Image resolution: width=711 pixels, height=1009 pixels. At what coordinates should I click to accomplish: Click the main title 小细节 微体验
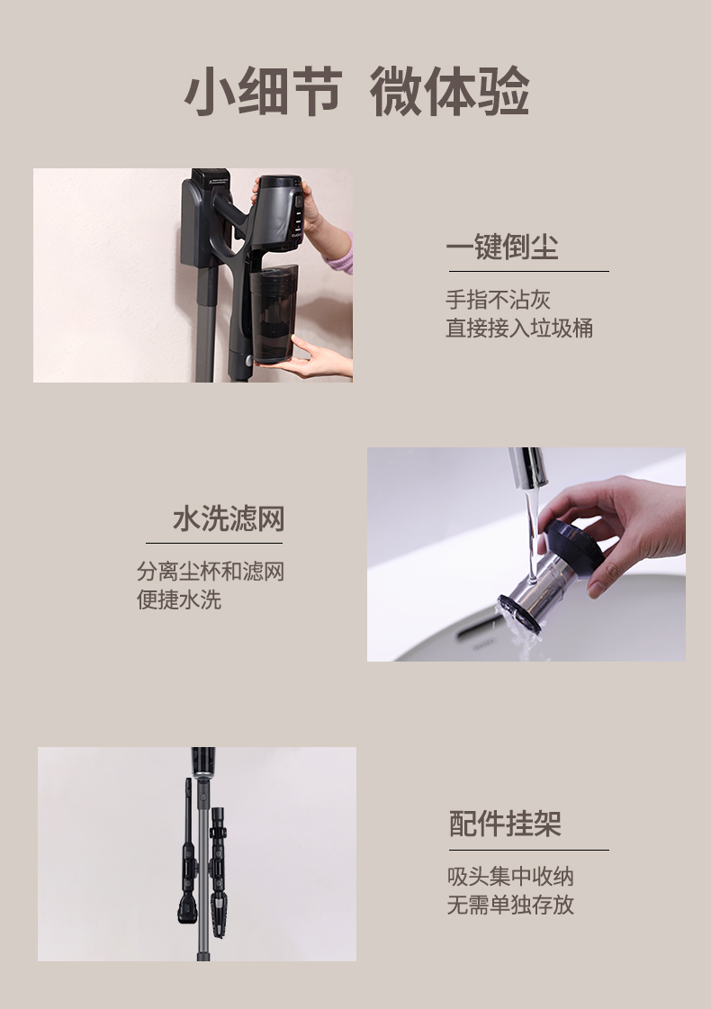click(357, 92)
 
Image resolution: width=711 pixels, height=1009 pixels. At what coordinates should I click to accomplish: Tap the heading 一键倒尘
click(502, 248)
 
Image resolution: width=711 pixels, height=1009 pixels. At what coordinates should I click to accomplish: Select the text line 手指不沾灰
click(498, 299)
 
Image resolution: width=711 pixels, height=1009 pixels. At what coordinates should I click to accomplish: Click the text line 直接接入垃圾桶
click(519, 328)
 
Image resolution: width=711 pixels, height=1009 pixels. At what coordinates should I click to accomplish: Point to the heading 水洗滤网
click(229, 518)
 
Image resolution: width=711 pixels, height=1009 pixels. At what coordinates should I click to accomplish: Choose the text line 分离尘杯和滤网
click(211, 571)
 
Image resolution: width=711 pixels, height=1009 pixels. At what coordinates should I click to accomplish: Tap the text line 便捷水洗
click(179, 599)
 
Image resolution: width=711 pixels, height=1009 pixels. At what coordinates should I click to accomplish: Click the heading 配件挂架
click(505, 824)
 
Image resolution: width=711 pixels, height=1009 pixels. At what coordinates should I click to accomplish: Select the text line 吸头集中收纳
click(510, 876)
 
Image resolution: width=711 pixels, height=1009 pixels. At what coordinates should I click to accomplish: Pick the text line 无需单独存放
click(510, 904)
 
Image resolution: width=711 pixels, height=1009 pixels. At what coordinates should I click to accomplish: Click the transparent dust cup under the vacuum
click(274, 314)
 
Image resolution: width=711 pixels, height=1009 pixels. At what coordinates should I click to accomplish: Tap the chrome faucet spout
click(529, 467)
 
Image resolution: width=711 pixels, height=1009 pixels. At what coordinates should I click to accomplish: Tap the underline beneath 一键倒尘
click(529, 272)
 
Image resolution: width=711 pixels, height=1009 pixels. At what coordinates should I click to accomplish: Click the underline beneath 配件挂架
click(529, 850)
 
